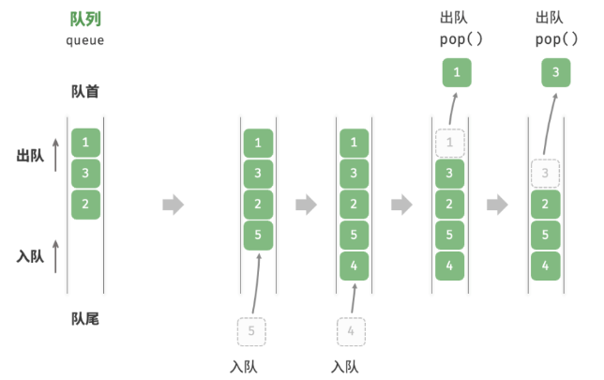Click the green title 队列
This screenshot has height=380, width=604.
(85, 19)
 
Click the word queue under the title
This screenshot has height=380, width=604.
(85, 40)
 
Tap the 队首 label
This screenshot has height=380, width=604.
(85, 92)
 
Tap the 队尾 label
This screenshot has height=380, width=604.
(85, 318)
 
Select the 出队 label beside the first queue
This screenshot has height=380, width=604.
(30, 156)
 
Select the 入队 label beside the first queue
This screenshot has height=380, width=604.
(30, 255)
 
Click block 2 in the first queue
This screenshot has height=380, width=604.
(85, 204)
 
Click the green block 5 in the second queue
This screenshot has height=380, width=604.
(258, 235)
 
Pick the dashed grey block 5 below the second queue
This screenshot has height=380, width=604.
(251, 331)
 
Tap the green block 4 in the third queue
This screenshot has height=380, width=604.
(354, 266)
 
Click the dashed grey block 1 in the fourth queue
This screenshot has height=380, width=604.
(449, 144)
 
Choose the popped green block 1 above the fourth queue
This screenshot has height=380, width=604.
(457, 71)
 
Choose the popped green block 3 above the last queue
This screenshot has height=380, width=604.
(556, 71)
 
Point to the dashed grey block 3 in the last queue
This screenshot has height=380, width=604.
(545, 174)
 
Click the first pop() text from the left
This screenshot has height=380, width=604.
(457, 40)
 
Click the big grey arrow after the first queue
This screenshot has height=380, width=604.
(174, 204)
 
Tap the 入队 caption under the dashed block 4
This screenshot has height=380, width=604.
(345, 365)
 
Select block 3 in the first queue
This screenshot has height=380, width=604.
(85, 174)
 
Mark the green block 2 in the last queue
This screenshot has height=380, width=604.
(545, 205)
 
